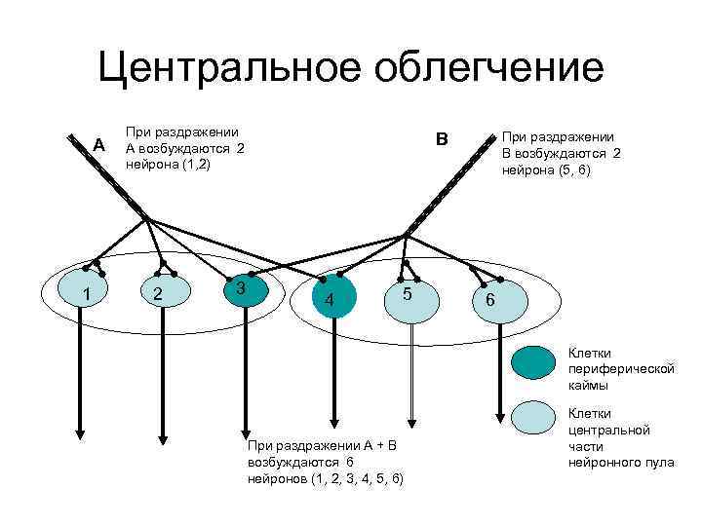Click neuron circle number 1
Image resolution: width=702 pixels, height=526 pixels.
point(86,293)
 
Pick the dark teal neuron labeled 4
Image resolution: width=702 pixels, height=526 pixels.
point(331,299)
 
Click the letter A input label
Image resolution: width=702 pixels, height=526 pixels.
point(97,145)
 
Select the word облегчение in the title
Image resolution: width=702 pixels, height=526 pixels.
point(485,68)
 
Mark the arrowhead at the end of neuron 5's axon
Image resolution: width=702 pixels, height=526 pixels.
point(412,422)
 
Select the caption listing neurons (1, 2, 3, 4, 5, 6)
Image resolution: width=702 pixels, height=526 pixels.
point(326,462)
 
